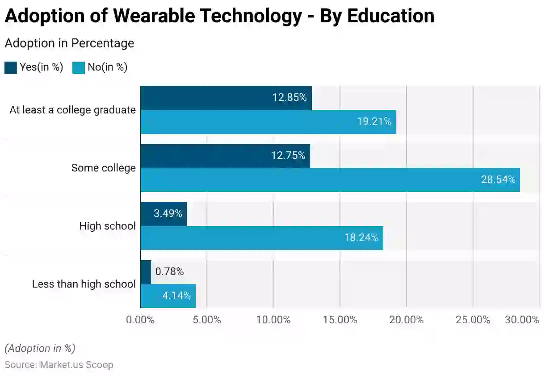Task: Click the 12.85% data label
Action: pyautogui.click(x=289, y=97)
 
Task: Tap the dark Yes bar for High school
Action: pyautogui.click(x=163, y=214)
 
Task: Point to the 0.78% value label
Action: pyautogui.click(x=169, y=272)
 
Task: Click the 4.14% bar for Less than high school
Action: pyautogui.click(x=168, y=296)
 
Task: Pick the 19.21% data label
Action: pyautogui.click(x=373, y=121)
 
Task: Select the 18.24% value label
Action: pyautogui.click(x=361, y=238)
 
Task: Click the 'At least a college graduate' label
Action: pyautogui.click(x=72, y=110)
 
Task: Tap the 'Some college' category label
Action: pyautogui.click(x=103, y=168)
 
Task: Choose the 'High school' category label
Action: pyautogui.click(x=107, y=226)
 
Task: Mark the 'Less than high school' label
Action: pyautogui.click(x=84, y=284)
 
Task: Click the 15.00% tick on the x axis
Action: pyautogui.click(x=340, y=320)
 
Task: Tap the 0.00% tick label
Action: pyautogui.click(x=140, y=320)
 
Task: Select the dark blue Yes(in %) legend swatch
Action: pyautogui.click(x=11, y=67)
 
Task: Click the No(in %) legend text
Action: pyautogui.click(x=107, y=67)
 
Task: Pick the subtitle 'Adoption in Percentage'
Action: pyautogui.click(x=69, y=43)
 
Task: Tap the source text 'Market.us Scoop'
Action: pyautogui.click(x=76, y=364)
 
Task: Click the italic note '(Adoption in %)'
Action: pyautogui.click(x=40, y=348)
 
